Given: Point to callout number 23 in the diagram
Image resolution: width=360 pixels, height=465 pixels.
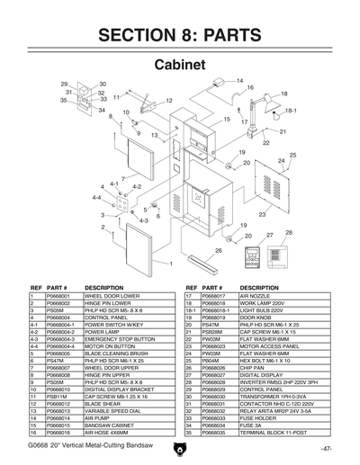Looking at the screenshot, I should click(x=262, y=216).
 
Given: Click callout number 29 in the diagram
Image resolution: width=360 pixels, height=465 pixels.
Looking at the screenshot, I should click(x=65, y=84).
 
